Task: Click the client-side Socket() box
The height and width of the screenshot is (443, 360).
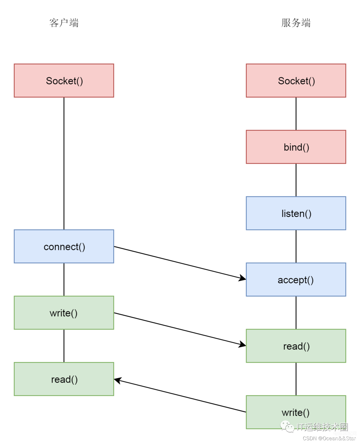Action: [x=64, y=80]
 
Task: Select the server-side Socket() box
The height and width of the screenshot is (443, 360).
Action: [x=296, y=80]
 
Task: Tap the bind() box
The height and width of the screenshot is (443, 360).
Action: [x=296, y=147]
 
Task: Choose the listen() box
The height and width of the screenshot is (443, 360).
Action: [x=296, y=213]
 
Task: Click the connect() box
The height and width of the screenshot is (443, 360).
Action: [x=64, y=246]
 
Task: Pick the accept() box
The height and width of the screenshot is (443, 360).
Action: [x=296, y=279]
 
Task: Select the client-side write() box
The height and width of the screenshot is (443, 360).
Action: [x=64, y=312]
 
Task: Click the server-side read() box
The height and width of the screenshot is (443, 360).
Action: [x=296, y=346]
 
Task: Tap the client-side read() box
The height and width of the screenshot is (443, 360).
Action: [x=64, y=379]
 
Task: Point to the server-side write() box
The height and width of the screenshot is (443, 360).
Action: [x=296, y=412]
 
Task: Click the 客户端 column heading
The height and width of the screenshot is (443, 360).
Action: [x=64, y=23]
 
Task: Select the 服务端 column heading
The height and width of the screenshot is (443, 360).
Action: [x=296, y=23]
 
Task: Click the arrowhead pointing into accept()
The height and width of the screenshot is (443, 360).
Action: [x=242, y=278]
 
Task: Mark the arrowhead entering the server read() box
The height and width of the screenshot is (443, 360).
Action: [x=242, y=344]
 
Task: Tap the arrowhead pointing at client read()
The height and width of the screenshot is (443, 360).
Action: [x=118, y=380]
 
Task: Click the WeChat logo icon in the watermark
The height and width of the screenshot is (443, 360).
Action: [x=287, y=426]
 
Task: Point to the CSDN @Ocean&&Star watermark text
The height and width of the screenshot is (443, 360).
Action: [x=329, y=438]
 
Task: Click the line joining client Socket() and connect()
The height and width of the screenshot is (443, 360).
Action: [x=64, y=163]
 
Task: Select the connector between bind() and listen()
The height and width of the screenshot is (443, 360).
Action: [x=296, y=180]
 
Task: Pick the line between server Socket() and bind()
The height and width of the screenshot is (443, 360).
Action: [x=296, y=114]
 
